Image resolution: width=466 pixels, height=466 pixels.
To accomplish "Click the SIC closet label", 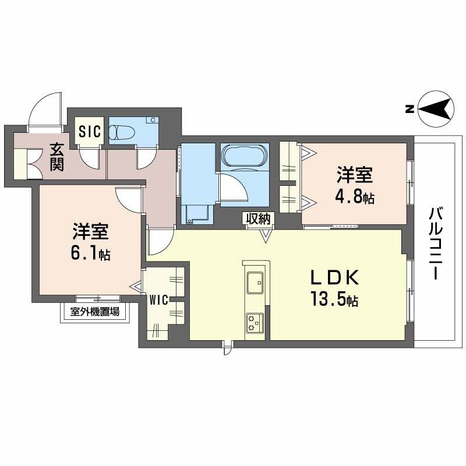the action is [x=90, y=132].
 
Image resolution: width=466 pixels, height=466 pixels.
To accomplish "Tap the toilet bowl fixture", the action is [x=122, y=132].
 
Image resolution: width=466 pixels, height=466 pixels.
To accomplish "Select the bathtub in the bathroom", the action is [x=245, y=156].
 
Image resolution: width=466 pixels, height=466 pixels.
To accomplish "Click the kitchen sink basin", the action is [x=255, y=283].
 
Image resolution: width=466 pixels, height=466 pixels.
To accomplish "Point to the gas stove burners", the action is [x=255, y=323].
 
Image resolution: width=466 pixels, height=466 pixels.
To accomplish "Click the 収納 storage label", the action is [x=258, y=219].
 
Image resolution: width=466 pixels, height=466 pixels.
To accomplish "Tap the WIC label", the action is [x=159, y=300].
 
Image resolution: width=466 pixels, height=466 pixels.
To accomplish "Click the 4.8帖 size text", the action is [x=355, y=196].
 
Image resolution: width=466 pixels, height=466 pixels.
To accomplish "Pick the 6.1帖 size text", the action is [x=91, y=253].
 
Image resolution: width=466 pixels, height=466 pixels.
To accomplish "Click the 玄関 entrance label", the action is [x=57, y=157].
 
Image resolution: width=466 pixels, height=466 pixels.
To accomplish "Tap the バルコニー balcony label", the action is [x=435, y=243].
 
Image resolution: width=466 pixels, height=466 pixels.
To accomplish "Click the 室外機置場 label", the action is [x=95, y=312].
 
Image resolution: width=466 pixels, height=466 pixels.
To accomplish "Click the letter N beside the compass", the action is [x=410, y=109].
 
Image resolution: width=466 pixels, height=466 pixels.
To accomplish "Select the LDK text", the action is [x=335, y=278].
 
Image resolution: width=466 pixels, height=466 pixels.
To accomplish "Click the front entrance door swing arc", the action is [x=41, y=102].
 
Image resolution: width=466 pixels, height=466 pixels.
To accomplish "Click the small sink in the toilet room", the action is [x=153, y=121].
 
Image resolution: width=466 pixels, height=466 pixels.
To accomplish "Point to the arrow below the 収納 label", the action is [x=266, y=235].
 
